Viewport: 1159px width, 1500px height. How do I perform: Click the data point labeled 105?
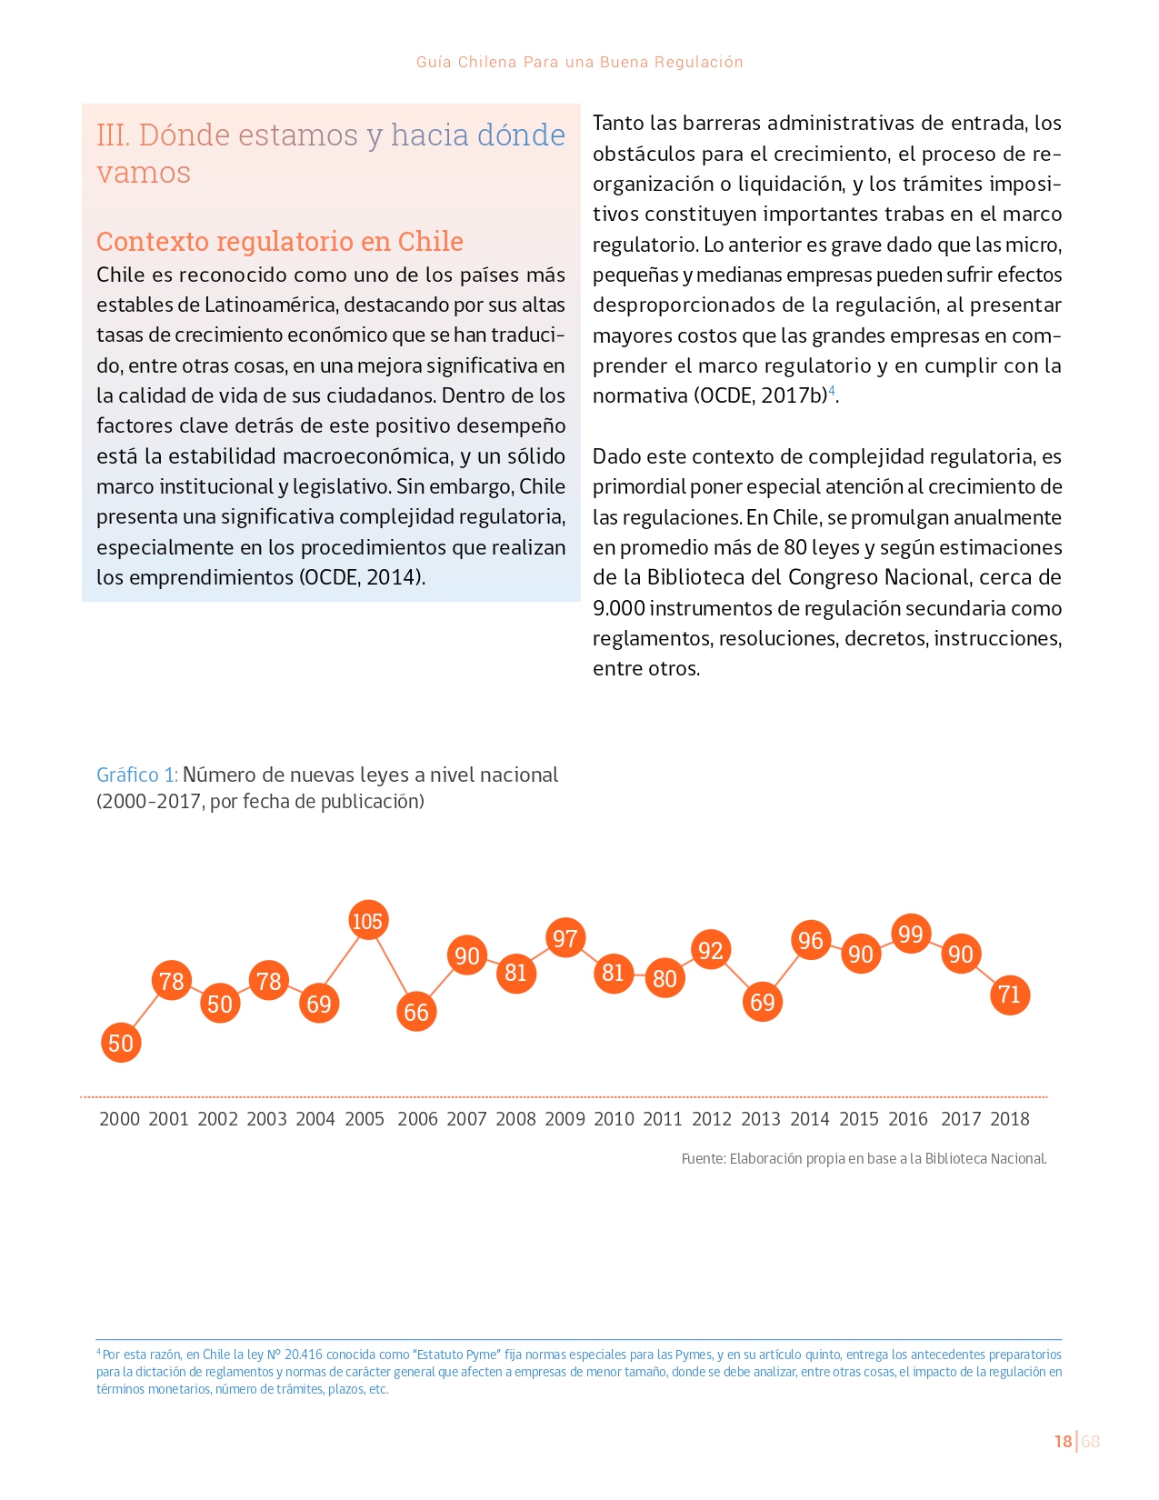tap(367, 921)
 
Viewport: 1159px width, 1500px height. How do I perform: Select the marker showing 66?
tap(416, 1012)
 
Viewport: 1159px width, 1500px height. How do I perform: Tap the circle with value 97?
tap(565, 938)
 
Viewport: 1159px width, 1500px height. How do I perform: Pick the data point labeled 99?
tap(910, 934)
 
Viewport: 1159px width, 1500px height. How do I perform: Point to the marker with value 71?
tap(1009, 995)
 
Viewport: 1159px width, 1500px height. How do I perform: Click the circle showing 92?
tap(711, 950)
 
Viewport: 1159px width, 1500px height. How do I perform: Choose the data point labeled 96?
tap(811, 940)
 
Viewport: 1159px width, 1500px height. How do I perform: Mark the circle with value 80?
tap(664, 978)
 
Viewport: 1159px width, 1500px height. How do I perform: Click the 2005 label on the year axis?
tap(365, 1119)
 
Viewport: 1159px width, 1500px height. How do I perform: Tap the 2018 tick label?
tap(1009, 1119)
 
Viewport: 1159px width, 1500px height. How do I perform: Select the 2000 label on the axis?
tap(120, 1119)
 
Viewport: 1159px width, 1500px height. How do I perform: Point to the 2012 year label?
tap(712, 1119)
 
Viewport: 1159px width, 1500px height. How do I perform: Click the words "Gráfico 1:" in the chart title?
tap(137, 775)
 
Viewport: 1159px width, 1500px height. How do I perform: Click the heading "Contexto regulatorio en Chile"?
tap(280, 241)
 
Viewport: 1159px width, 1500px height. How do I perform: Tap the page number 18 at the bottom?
tap(1063, 1441)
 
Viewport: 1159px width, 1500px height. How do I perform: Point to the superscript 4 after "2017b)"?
tap(832, 390)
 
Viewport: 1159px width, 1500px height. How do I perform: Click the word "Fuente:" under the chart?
tap(704, 1158)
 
